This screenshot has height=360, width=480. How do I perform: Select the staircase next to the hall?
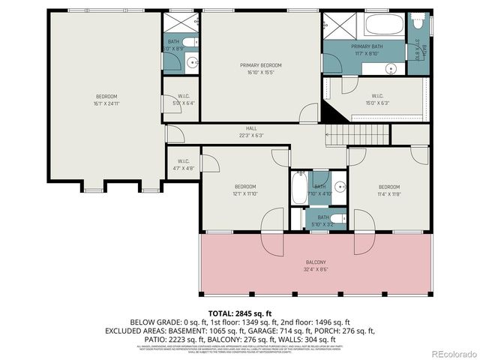(x=358, y=136)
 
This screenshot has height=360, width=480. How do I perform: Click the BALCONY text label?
(x=316, y=262)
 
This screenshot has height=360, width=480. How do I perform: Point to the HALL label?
(x=251, y=128)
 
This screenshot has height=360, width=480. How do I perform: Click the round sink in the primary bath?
(x=391, y=68)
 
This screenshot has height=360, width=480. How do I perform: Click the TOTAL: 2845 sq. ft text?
(x=239, y=312)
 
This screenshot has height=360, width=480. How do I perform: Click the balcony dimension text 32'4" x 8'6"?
(x=316, y=268)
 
